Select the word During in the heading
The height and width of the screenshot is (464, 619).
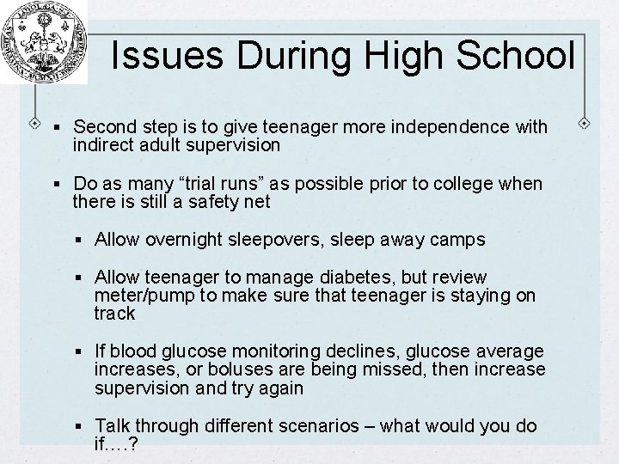pos(291,57)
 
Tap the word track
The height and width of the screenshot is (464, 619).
pos(114,314)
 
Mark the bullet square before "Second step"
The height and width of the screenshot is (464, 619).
pos(56,128)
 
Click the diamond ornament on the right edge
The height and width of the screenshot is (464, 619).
pos(585,121)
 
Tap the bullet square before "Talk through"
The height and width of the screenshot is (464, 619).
pos(80,426)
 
